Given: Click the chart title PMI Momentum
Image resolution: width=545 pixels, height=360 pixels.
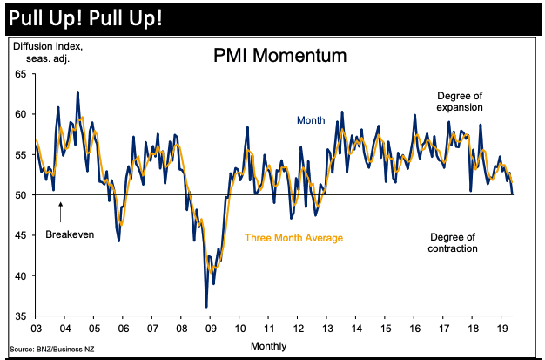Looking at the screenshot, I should click(x=279, y=57).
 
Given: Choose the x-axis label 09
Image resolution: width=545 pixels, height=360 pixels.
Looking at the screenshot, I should click(x=210, y=330).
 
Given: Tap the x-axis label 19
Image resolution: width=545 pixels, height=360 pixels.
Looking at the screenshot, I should click(x=501, y=330).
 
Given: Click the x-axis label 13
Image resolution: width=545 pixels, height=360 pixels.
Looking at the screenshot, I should click(x=326, y=330).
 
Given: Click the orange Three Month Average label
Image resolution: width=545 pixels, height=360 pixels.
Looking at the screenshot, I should click(x=293, y=238).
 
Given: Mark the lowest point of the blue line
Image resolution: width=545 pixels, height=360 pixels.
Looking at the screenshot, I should click(x=206, y=307).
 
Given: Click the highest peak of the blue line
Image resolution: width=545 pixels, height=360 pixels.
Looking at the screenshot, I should click(x=77, y=92).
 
